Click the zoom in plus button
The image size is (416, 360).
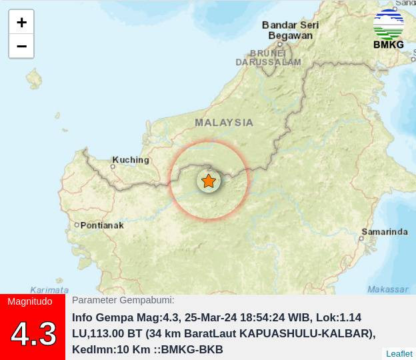coord(21,22)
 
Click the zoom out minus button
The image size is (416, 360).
coord(21,46)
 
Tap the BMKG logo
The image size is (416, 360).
coord(389,29)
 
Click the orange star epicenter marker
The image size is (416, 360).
coord(209,181)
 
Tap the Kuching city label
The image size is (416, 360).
coord(131,160)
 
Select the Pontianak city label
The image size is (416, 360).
coord(102,225)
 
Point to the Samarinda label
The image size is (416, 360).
coord(385,232)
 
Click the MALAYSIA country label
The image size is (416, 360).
coord(224,123)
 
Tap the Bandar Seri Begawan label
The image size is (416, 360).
coord(291,30)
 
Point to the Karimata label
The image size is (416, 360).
coord(49,290)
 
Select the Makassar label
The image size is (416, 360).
coord(388,289)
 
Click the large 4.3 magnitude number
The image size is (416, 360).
coord(33,333)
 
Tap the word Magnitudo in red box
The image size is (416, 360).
coord(30,301)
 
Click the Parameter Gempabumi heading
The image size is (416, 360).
coord(123,301)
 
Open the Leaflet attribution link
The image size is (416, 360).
coord(399,353)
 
